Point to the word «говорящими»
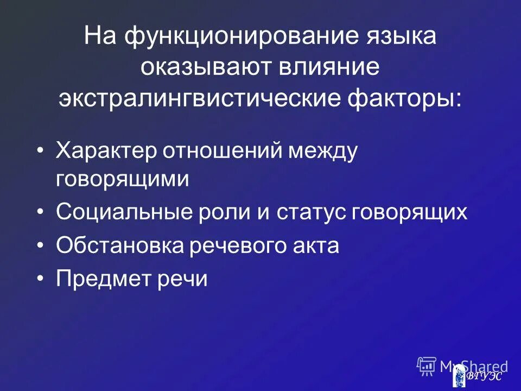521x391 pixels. [123, 179]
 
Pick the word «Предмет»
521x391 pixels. [99, 279]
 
